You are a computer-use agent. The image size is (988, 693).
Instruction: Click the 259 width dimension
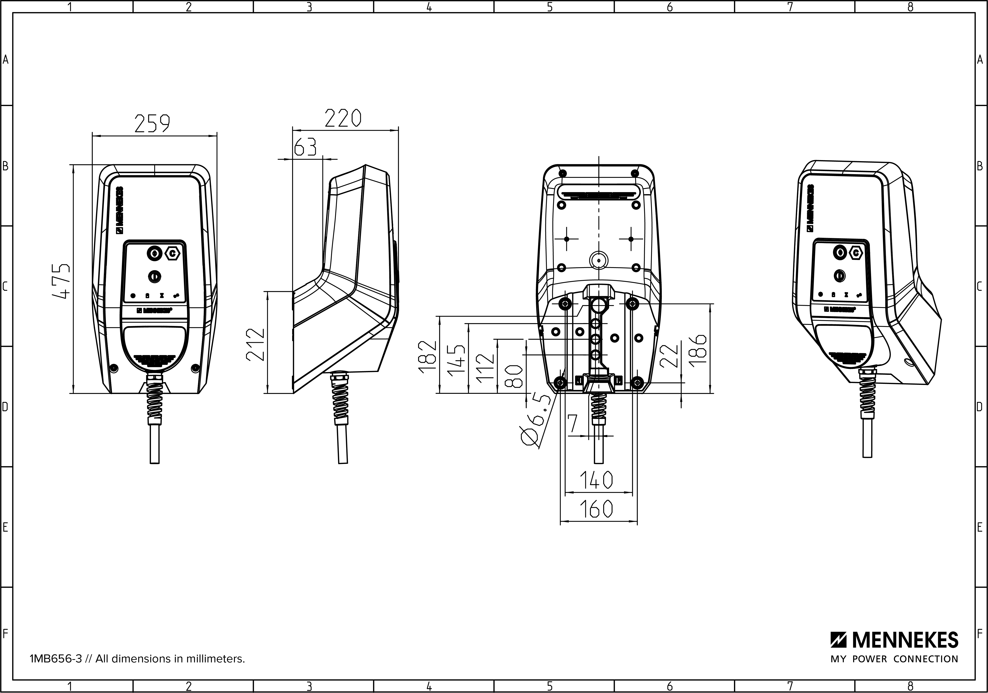pyautogui.click(x=152, y=124)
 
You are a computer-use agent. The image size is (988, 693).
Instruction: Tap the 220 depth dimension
pyautogui.click(x=343, y=118)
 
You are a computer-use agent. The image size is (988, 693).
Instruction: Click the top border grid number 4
pyautogui.click(x=429, y=7)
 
